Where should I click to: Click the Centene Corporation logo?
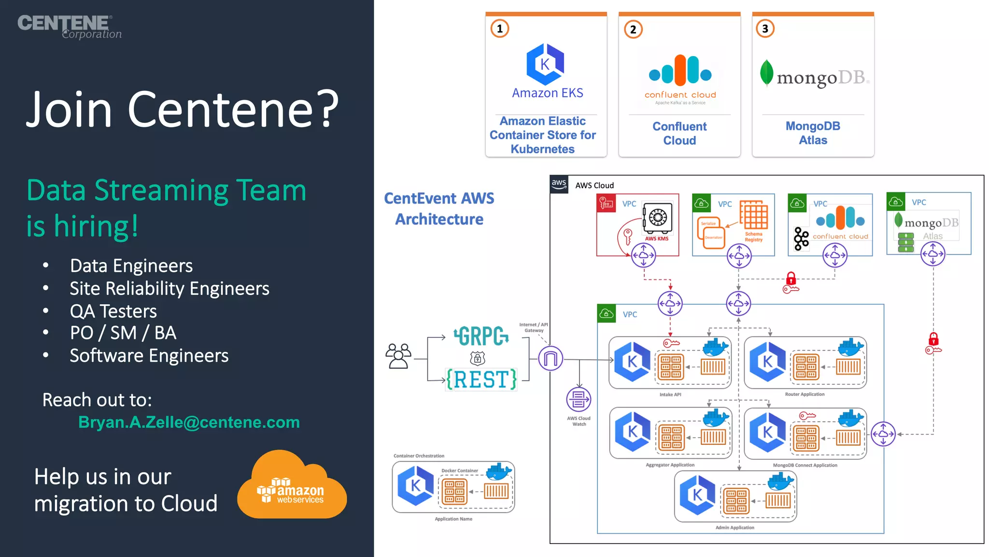coord(69,26)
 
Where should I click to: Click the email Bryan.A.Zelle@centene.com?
coord(189,422)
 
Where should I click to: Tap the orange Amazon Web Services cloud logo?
coord(292,486)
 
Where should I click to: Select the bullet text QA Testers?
coord(113,311)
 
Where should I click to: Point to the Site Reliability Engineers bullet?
coord(169,289)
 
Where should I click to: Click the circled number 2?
coord(633,29)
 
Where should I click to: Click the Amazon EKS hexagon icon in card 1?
coord(545,64)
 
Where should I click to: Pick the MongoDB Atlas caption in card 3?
coord(813,133)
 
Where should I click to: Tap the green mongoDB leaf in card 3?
coord(766,73)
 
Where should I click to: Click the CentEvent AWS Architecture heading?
coord(439,208)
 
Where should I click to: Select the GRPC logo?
coord(481,336)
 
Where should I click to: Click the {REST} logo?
coord(481,380)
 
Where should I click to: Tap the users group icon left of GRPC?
coord(398,356)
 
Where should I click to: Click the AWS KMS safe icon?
coord(657,218)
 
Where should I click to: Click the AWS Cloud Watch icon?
coord(579,400)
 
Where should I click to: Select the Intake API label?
coord(670,395)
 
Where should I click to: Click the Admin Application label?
coord(735,528)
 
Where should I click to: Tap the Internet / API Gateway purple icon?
coord(551,358)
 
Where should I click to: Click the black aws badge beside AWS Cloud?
coord(559,184)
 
